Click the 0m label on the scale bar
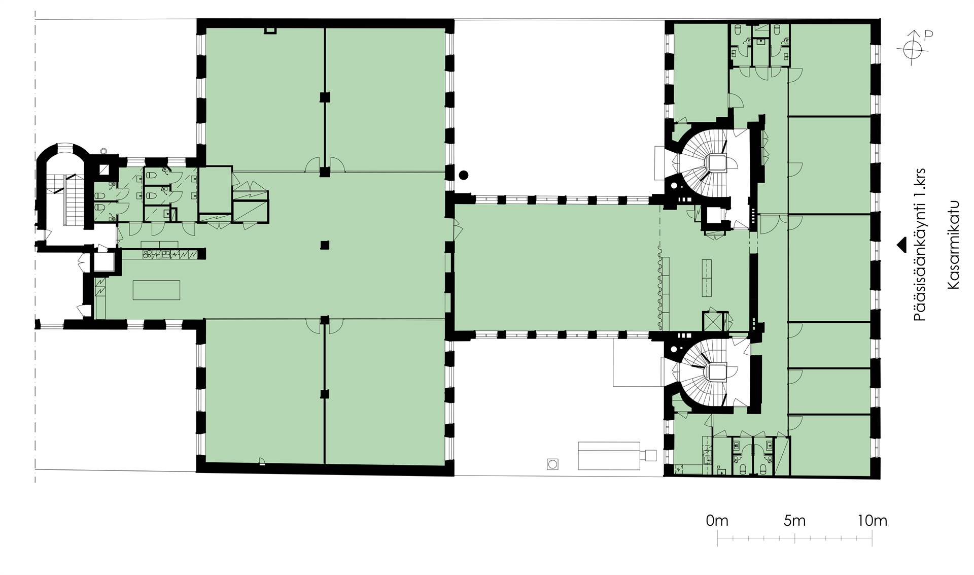pyautogui.click(x=717, y=521)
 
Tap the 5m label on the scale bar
pyautogui.click(x=794, y=521)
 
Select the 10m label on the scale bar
pyautogui.click(x=873, y=521)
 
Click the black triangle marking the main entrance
pyautogui.click(x=901, y=245)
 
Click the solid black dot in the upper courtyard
pyautogui.click(x=463, y=175)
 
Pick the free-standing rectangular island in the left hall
pyautogui.click(x=156, y=290)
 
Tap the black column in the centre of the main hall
pyautogui.click(x=325, y=246)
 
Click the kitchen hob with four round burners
pyautogui.click(x=148, y=253)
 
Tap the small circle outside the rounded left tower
pyautogui.click(x=104, y=150)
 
